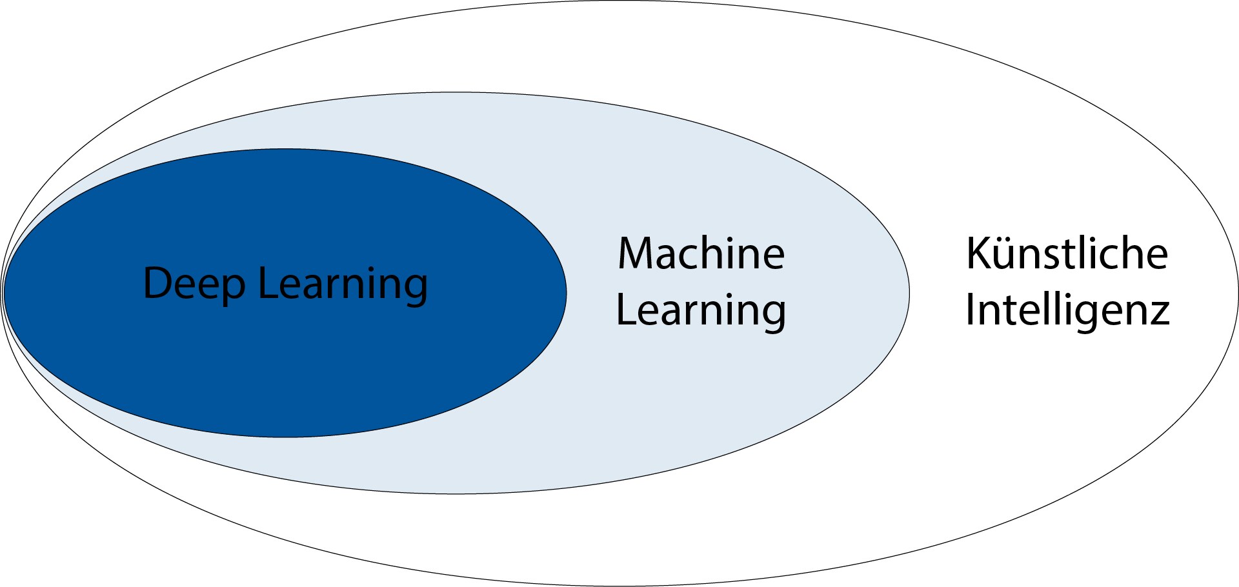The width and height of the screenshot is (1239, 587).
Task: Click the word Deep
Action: pyautogui.click(x=194, y=284)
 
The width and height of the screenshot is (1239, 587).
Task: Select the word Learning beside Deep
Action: pyautogui.click(x=343, y=284)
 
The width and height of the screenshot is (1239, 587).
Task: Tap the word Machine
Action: pyautogui.click(x=701, y=254)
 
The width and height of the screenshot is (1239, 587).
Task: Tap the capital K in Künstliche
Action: pyautogui.click(x=978, y=254)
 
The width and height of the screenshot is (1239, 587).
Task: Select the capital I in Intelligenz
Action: pyautogui.click(x=970, y=310)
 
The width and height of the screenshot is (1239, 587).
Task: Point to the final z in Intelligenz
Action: pyautogui.click(x=1159, y=313)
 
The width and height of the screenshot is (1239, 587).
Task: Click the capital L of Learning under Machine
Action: pyautogui.click(x=625, y=310)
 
